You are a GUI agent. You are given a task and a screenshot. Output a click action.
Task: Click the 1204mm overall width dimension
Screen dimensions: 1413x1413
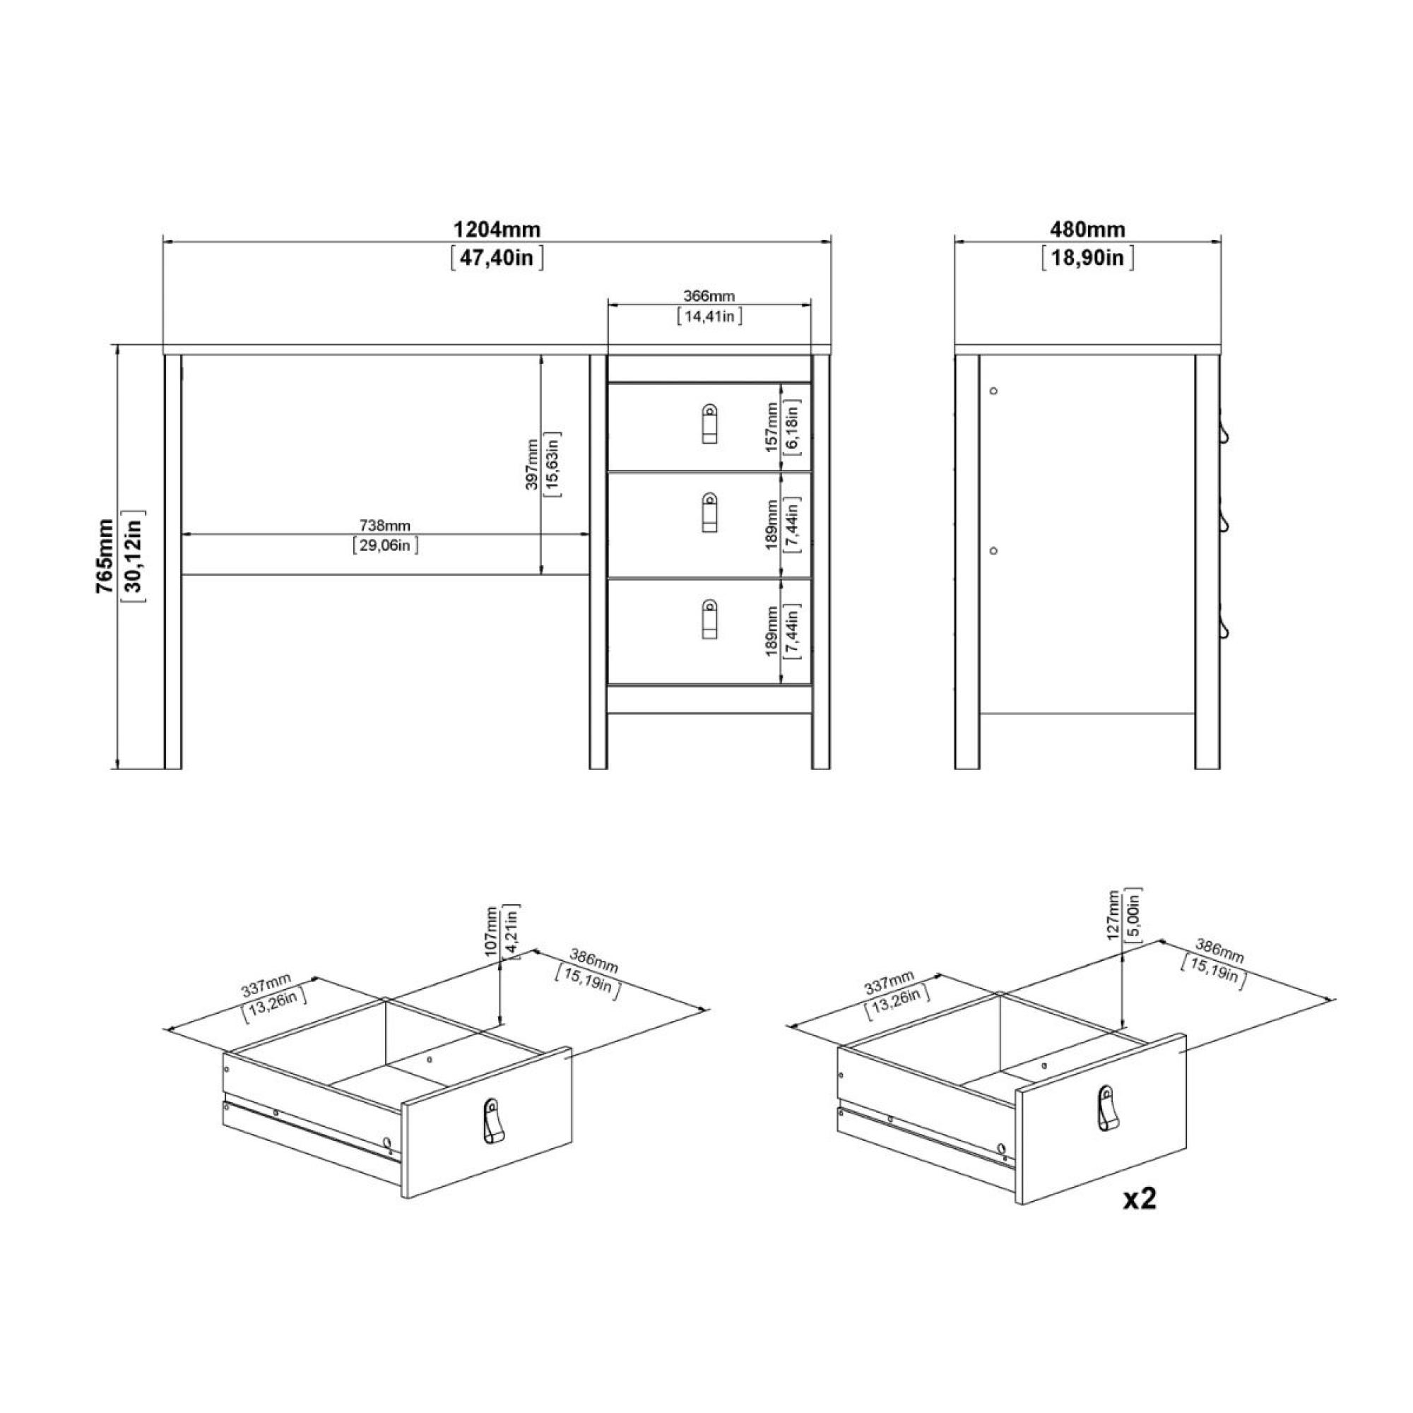[497, 230]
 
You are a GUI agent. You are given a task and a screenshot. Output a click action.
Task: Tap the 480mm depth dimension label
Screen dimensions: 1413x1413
[1087, 230]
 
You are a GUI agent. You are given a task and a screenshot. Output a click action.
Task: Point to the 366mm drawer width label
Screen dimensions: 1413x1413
[709, 296]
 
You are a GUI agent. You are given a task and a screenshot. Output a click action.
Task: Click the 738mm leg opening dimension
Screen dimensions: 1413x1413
[385, 526]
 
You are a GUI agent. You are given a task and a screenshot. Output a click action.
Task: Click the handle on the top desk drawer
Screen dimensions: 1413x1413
[709, 424]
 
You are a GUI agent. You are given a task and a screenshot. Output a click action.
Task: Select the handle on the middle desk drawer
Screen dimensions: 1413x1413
[709, 512]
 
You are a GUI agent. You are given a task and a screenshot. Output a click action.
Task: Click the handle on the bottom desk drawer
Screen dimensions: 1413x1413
[709, 620]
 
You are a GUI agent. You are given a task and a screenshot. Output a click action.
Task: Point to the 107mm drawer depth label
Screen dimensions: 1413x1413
[491, 930]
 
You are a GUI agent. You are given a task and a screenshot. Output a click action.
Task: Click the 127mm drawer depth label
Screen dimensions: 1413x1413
[1114, 914]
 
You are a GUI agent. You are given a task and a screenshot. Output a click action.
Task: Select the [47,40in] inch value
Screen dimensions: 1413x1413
[497, 258]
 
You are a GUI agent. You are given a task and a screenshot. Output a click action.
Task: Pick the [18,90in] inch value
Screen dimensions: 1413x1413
[1087, 258]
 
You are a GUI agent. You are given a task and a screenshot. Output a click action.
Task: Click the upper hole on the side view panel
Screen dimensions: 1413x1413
[993, 391]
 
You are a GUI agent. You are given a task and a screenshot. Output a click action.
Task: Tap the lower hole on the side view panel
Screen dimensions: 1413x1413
[993, 550]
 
